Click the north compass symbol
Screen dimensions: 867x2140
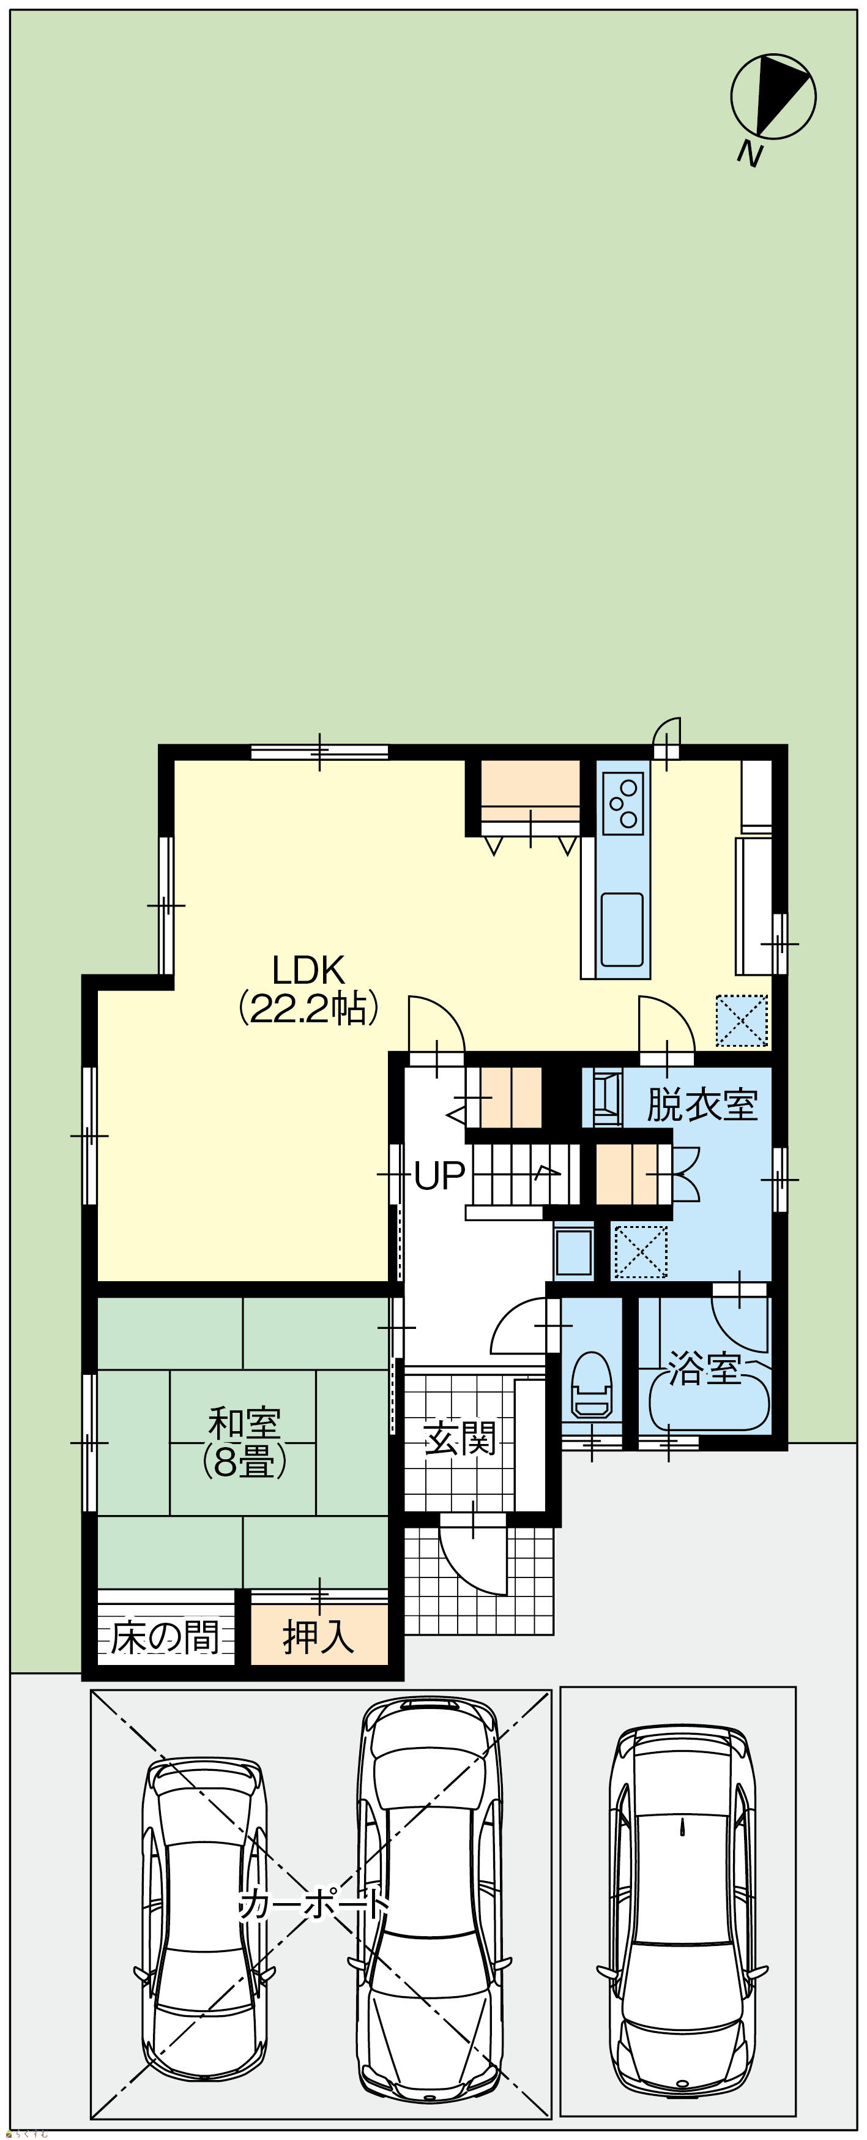coord(773,96)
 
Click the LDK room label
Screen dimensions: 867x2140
coord(308,970)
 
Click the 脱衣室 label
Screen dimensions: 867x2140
coord(702,1104)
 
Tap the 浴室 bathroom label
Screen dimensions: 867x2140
coord(704,1368)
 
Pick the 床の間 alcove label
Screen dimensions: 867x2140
coord(165,1637)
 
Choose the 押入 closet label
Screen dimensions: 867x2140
coord(319,1637)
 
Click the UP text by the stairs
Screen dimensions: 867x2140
coord(439,1175)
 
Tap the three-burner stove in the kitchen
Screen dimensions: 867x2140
coord(623,802)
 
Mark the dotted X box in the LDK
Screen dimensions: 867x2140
coord(742,1021)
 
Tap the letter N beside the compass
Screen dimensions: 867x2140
coord(751,154)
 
